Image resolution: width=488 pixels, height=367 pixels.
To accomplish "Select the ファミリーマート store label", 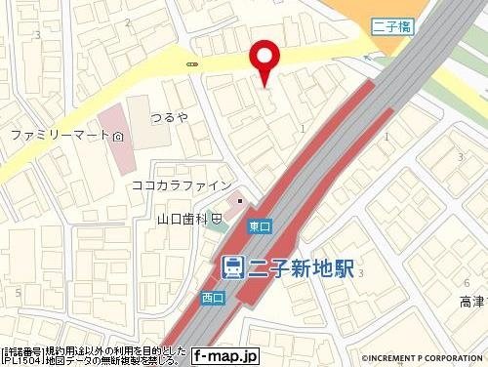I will point(58,134).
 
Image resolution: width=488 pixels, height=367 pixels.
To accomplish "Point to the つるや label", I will point(170,117).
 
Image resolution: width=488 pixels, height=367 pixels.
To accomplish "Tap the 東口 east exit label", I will point(259,225).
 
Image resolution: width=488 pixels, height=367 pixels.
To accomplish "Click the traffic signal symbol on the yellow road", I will point(190,63).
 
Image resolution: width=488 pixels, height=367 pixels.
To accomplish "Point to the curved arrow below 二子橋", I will point(369,59).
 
